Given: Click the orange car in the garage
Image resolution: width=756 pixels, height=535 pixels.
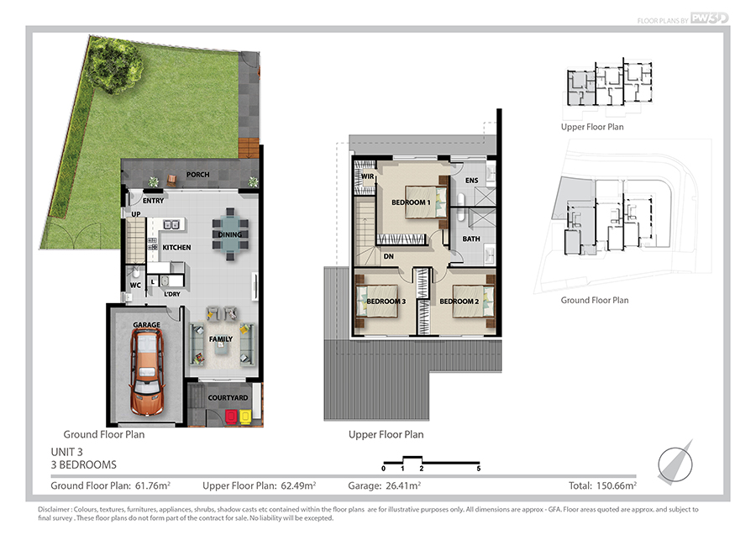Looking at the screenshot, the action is coord(147,371).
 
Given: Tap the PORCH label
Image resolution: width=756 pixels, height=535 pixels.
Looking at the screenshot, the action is coord(197,175).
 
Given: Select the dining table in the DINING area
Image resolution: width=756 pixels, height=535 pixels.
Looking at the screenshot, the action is coord(230,234).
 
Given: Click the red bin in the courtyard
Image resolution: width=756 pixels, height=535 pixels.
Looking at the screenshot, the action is coord(232,416).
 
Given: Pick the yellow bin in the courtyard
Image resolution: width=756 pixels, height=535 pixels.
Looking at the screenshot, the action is coord(245,416).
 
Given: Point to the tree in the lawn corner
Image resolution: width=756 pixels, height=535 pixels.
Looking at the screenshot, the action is coord(115,64).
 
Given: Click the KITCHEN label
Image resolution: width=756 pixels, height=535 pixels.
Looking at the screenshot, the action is coord(176,247).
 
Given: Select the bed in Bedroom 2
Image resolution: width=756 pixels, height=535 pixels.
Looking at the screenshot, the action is coord(473,302).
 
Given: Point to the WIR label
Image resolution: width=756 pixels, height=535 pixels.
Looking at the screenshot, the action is coord(367,176).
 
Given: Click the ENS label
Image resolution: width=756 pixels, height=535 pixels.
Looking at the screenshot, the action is coord(471,181).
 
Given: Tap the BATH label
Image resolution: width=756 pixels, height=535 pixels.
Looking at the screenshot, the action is coord(471,239).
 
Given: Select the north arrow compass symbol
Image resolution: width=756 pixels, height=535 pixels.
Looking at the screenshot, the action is coord(675,464).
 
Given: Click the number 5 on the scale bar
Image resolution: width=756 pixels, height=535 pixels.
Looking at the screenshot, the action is coord(478,469).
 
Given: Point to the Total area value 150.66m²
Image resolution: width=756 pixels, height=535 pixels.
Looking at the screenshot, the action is coord(617,485).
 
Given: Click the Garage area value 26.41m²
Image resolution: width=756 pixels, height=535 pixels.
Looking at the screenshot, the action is coord(403,485).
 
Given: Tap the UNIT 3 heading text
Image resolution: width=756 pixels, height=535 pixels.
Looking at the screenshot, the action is coord(66,452).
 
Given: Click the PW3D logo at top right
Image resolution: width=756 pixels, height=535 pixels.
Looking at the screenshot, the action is coord(709,18).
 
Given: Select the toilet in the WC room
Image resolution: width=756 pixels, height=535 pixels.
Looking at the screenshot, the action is coord(135,271).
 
